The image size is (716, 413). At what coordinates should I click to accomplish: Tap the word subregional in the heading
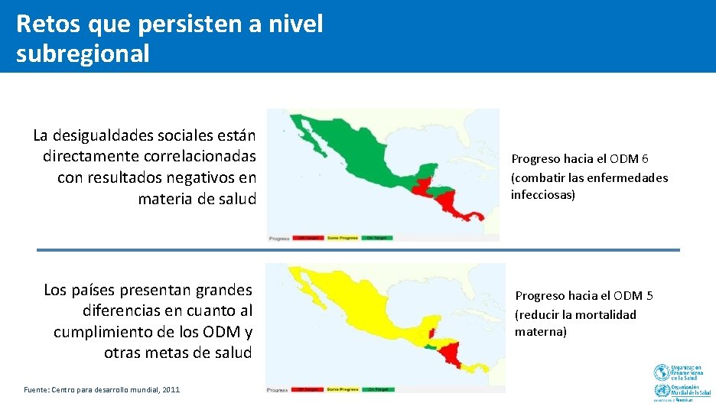tap(83, 54)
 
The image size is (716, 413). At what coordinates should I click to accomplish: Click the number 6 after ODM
tap(646, 159)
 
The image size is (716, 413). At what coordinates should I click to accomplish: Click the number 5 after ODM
tap(649, 295)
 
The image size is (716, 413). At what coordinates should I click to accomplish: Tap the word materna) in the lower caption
tap(541, 332)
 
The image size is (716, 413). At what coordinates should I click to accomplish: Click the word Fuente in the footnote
tap(36, 389)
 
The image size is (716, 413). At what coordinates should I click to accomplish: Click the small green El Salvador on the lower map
tap(433, 348)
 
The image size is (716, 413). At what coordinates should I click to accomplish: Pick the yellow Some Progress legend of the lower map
tap(342, 389)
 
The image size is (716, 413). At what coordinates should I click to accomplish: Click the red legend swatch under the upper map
tap(308, 238)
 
